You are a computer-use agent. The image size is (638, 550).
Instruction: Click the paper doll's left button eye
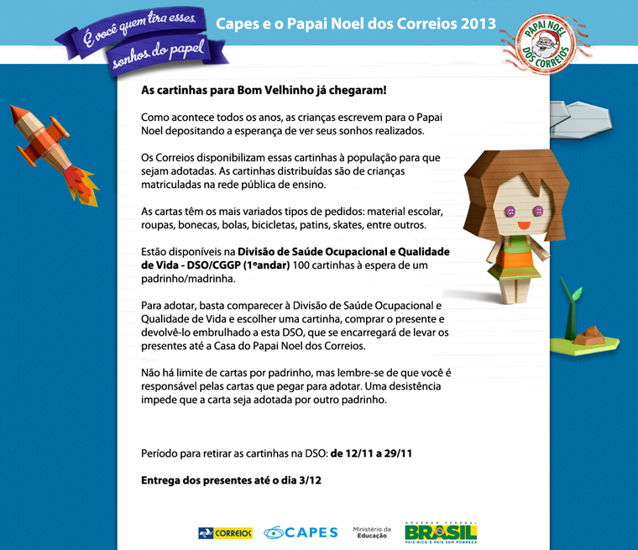click(x=509, y=211)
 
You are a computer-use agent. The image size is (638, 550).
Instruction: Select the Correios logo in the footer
click(x=225, y=532)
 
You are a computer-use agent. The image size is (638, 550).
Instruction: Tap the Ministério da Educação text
click(x=372, y=532)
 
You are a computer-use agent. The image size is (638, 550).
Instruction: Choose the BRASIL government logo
click(x=441, y=532)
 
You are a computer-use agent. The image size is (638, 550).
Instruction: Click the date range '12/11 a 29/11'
click(x=370, y=453)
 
